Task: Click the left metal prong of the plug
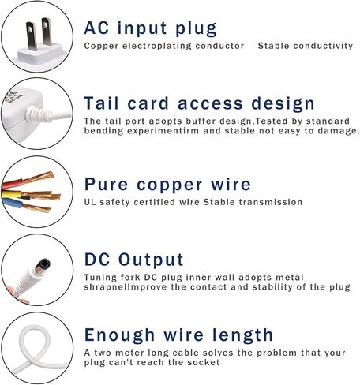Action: click(x=32, y=36)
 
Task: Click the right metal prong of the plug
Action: click(x=47, y=32)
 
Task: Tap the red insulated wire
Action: click(x=13, y=183)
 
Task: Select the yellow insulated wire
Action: click(x=12, y=195)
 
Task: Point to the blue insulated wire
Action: click(x=12, y=203)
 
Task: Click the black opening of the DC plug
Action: click(x=44, y=264)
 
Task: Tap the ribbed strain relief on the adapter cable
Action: click(x=37, y=114)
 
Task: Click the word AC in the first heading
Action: click(x=96, y=28)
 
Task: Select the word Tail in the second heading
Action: click(x=101, y=103)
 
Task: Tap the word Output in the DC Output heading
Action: click(x=151, y=260)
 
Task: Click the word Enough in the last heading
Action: click(x=119, y=335)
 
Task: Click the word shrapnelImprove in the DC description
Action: click(x=126, y=287)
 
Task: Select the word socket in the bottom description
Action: click(x=204, y=362)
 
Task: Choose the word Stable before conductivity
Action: click(x=273, y=46)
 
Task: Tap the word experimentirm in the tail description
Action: click(x=163, y=131)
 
